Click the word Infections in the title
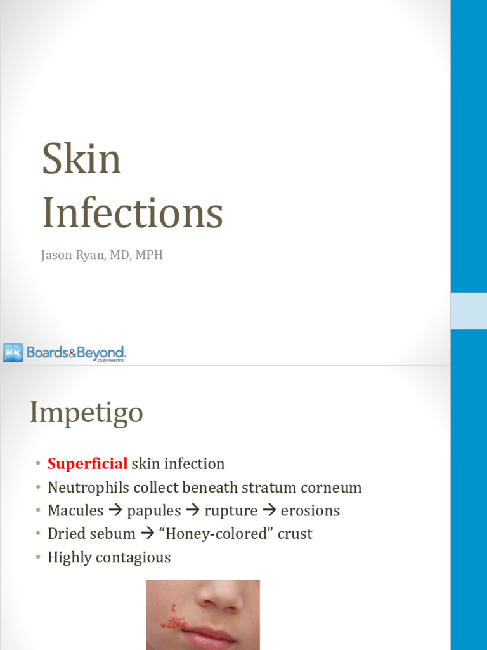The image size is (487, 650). click(133, 213)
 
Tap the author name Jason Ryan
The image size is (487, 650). click(70, 256)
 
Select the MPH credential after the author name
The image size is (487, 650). click(150, 256)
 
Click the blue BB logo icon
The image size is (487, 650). click(13, 352)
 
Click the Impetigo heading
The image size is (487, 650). click(86, 414)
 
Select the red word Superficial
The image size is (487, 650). click(88, 464)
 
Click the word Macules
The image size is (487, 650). click(75, 511)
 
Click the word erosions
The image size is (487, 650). click(310, 511)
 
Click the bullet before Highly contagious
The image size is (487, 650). click(38, 557)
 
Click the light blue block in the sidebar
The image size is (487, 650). click(469, 311)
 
